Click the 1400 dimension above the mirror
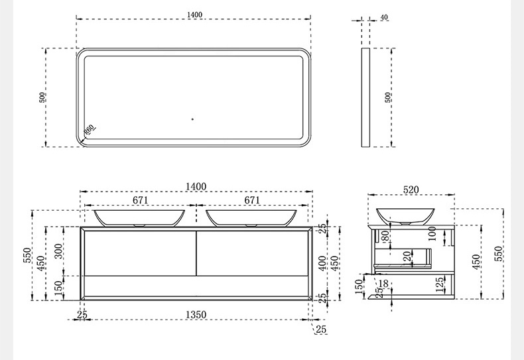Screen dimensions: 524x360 coord(194,15)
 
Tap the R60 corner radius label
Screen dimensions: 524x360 coord(90,129)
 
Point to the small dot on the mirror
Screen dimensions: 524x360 coord(192,119)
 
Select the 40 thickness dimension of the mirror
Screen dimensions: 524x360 coord(384,17)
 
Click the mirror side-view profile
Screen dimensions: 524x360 coord(365,97)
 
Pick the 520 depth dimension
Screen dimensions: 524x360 coord(411,190)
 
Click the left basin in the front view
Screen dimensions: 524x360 coord(139,218)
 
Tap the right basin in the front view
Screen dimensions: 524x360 coord(251,218)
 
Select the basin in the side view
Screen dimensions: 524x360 coord(405,216)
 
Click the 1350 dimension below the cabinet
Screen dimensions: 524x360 coord(196,314)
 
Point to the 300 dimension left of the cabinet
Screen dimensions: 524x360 coord(58,251)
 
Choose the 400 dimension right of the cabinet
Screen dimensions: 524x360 coord(322,263)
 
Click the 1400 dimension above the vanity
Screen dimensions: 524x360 coord(196,186)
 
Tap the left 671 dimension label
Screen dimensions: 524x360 coord(141,200)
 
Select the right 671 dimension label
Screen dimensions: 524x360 coord(252,200)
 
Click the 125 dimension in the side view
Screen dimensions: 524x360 coord(440,284)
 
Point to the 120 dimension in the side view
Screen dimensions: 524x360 coord(407,259)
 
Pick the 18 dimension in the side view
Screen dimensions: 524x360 coord(384,284)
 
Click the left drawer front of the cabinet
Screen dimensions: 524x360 coord(140,253)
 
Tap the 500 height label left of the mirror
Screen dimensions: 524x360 coord(42,97)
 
